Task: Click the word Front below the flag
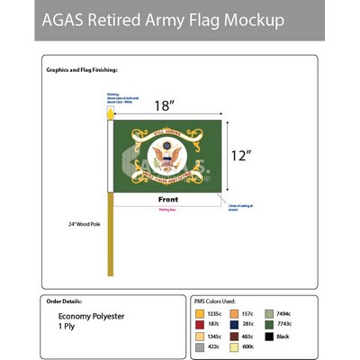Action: coord(167,199)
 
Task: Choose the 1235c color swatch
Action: coord(198,312)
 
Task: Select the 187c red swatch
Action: coord(198,323)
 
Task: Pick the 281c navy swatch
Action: coord(237,323)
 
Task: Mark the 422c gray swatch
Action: coord(198,346)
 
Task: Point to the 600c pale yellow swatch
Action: coord(237,346)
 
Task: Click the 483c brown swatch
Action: coord(237,335)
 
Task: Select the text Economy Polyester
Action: coord(89,317)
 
